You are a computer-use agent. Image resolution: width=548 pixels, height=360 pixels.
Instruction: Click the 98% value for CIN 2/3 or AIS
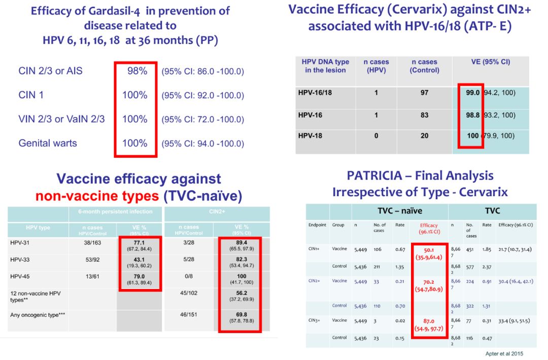click(137, 71)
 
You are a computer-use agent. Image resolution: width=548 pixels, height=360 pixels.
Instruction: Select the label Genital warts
click(48, 143)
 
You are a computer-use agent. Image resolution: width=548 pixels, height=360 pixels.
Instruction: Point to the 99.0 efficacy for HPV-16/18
click(472, 93)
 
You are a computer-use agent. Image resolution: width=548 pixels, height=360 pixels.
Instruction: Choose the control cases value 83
click(424, 115)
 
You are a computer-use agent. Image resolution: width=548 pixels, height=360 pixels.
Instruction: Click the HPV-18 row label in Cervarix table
click(311, 136)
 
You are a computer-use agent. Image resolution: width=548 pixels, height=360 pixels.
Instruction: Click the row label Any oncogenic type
click(35, 315)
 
